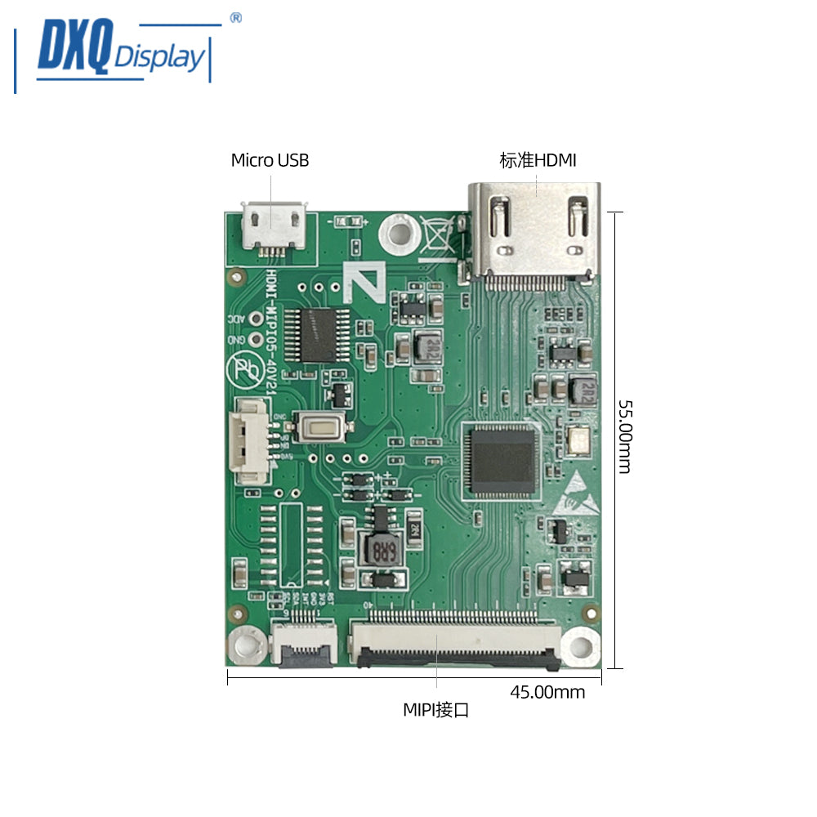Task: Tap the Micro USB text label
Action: [x=270, y=160]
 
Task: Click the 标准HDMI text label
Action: [x=538, y=160]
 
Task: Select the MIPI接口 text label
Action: [x=436, y=710]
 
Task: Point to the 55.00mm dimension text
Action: [x=625, y=436]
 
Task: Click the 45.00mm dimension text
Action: [x=547, y=693]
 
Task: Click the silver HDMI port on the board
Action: [x=533, y=234]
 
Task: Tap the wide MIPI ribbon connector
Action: [x=456, y=641]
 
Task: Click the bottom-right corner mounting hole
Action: [x=581, y=647]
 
